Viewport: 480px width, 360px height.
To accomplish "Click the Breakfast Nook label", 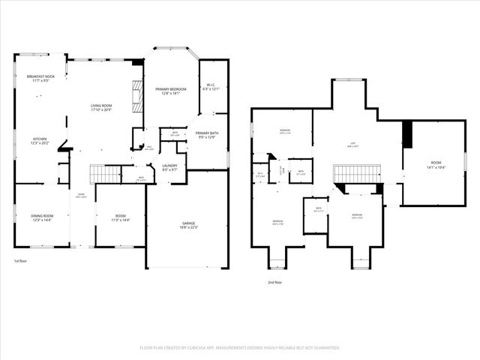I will click(x=40, y=78).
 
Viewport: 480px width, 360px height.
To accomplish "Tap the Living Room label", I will click(x=101, y=107).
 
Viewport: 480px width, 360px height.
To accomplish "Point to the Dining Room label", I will click(x=42, y=217).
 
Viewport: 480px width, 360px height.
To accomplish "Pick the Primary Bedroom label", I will click(x=171, y=91).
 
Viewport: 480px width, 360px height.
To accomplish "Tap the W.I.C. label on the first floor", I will click(x=212, y=87).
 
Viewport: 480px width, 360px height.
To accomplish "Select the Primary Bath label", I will click(x=207, y=135).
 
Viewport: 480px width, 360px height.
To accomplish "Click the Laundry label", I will click(x=169, y=167).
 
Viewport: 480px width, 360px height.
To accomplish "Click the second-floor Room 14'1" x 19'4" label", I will click(x=436, y=166).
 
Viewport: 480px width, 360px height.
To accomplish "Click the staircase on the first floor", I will click(x=106, y=174).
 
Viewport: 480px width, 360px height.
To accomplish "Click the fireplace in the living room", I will click(x=136, y=96).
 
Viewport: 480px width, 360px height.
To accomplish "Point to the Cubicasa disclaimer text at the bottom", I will click(x=240, y=347).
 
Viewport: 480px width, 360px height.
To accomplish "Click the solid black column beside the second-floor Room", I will click(x=408, y=134).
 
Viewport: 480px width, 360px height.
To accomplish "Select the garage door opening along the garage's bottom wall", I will click(x=187, y=267).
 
